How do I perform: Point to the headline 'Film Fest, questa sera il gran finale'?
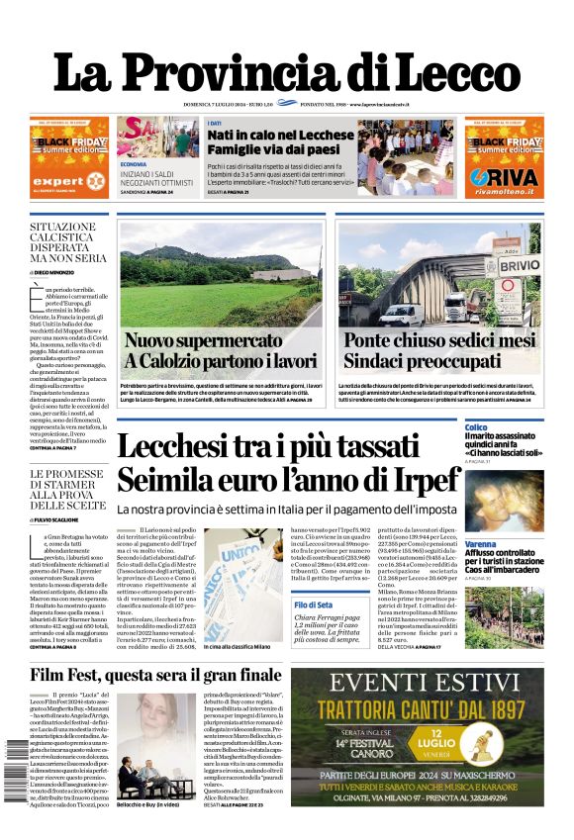[155, 675]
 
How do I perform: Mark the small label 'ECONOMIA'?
[134, 163]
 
